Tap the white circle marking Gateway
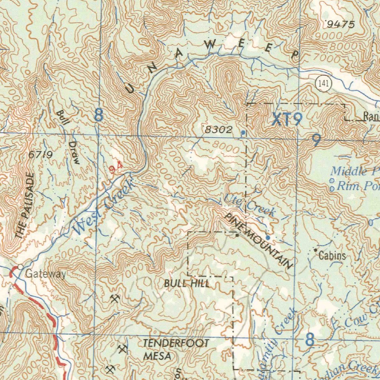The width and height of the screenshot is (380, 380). pos(20,267)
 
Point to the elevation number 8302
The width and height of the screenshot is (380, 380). pos(219,130)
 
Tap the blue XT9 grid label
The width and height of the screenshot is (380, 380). pos(287,119)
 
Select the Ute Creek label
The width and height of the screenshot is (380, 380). pos(249,206)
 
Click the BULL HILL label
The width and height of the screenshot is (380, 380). pos(187,284)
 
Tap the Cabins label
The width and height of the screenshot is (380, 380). pos(332,256)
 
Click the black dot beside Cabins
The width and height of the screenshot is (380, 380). pos(315,250)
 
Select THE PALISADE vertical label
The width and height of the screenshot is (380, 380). pos(25,206)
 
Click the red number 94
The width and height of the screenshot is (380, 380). pos(116,169)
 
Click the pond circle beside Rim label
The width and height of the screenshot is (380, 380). pos(332,189)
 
